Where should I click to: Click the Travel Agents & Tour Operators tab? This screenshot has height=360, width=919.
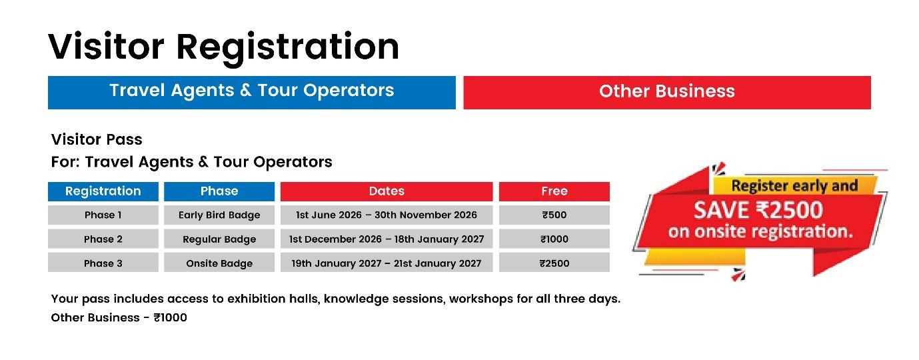(x=251, y=93)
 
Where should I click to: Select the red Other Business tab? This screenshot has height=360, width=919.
(x=667, y=93)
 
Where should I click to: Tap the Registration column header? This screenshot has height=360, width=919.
(x=103, y=191)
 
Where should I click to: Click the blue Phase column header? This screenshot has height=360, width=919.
(x=219, y=191)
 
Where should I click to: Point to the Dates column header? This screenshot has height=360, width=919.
(x=387, y=191)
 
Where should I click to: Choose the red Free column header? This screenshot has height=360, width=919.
(x=554, y=191)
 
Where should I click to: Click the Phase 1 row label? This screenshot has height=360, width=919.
(x=103, y=215)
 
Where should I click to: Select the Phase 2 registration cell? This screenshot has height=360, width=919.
(x=103, y=239)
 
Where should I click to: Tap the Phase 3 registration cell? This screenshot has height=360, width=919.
(x=103, y=263)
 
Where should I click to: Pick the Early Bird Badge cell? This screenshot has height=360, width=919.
(x=219, y=215)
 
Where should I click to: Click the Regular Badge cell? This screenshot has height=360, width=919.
(x=219, y=239)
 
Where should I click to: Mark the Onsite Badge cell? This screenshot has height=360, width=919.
(x=219, y=263)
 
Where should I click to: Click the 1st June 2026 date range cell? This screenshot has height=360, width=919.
(x=387, y=215)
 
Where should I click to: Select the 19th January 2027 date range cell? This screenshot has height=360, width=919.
(x=387, y=263)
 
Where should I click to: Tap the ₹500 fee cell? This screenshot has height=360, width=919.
(x=554, y=215)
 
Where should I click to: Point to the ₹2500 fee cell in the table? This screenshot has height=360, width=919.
(x=554, y=263)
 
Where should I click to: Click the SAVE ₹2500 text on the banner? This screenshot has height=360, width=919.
(x=758, y=210)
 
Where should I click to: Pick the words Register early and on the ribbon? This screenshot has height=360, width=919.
(x=794, y=186)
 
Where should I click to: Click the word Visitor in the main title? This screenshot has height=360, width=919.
(x=106, y=47)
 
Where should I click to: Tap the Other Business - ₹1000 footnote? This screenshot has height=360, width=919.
(x=119, y=317)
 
